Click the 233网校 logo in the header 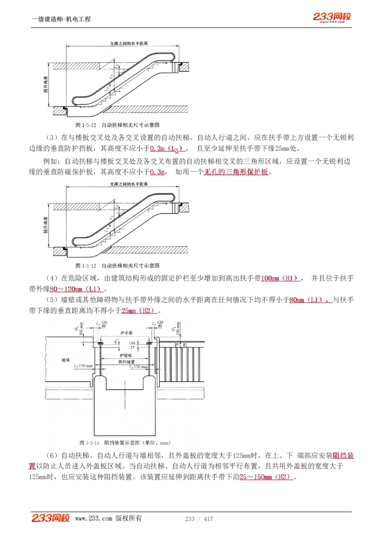[x=332, y=17]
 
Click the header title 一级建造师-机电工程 [x=61, y=19]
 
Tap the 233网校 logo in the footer [x=51, y=518]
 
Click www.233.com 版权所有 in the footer [x=108, y=519]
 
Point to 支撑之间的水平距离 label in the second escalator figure [x=128, y=184]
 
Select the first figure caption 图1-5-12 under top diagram [x=117, y=124]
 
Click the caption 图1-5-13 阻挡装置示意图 [x=124, y=442]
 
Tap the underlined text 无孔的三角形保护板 [x=236, y=171]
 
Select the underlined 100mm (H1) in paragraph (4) [x=281, y=278]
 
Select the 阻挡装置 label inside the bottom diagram [x=126, y=361]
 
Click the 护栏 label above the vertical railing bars [x=178, y=344]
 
